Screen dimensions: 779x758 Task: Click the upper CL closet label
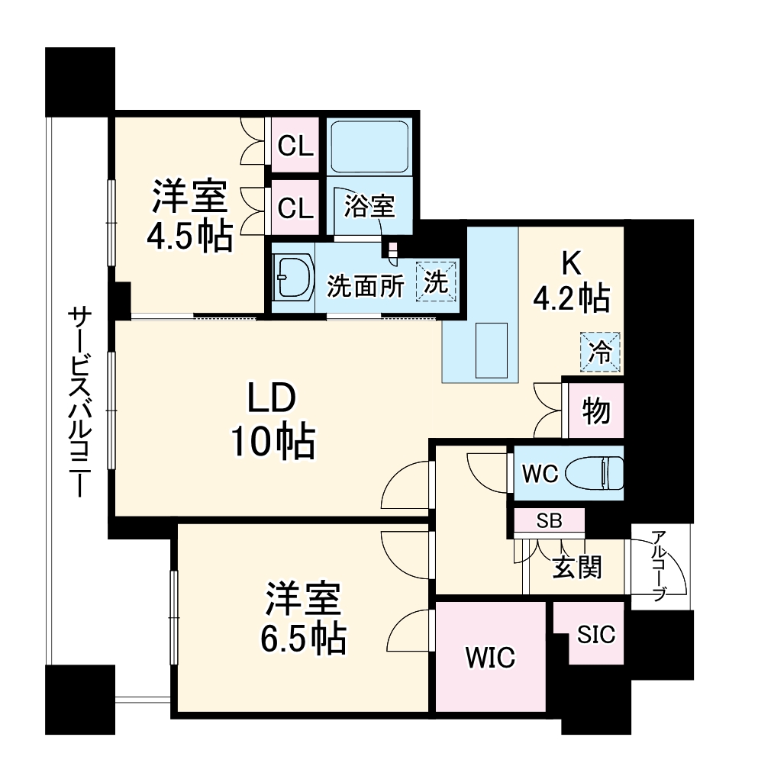295,146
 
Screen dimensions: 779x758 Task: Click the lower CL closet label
295,208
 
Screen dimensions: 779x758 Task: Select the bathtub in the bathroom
369,146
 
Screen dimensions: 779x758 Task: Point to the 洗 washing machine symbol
436,282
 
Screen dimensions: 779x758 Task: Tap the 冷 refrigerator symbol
601,352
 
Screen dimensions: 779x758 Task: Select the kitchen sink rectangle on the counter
491,350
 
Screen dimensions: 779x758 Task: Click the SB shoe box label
549,522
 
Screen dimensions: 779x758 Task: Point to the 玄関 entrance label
577,567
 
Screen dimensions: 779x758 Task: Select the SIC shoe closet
596,635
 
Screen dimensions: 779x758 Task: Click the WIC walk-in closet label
490,657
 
